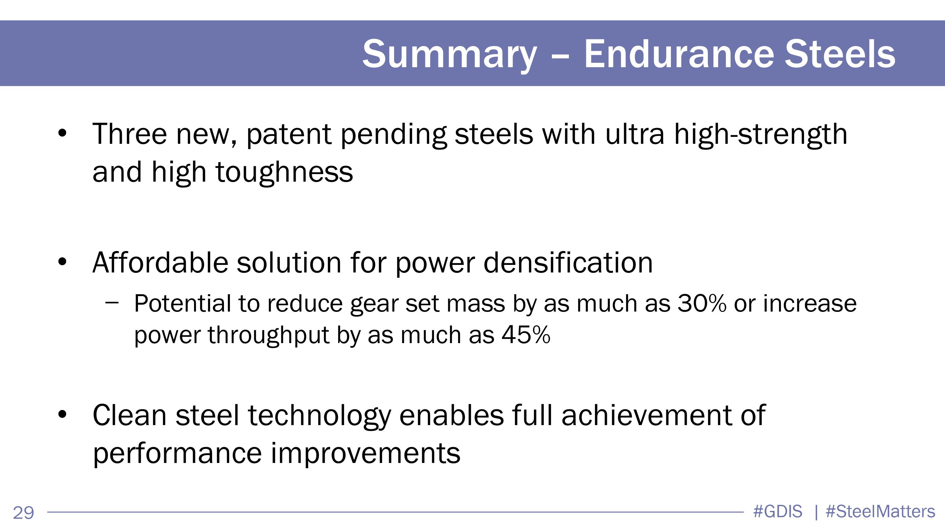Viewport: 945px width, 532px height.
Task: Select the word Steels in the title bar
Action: pyautogui.click(x=840, y=54)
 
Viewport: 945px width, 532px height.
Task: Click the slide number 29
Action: pyautogui.click(x=24, y=512)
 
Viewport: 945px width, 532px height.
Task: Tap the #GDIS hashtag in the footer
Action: pyautogui.click(x=778, y=512)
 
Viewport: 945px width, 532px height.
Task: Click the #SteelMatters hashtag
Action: pyautogui.click(x=880, y=512)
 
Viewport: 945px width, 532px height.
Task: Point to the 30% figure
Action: pyautogui.click(x=702, y=303)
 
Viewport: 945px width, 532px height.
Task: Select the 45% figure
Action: pyautogui.click(x=526, y=335)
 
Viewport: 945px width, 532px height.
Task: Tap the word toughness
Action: pyautogui.click(x=284, y=173)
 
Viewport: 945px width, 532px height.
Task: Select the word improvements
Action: pyautogui.click(x=365, y=454)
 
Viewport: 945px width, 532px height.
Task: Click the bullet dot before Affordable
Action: pyautogui.click(x=62, y=262)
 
